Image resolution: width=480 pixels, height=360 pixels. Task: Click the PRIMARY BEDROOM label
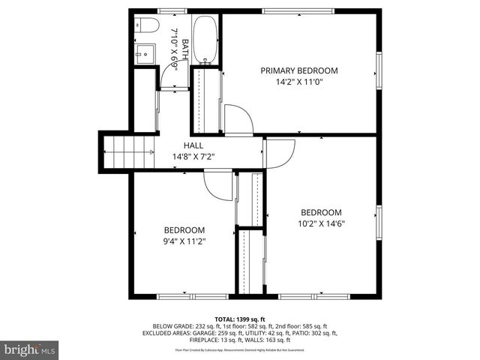(299, 70)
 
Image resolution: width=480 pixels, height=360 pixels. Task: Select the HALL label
(193, 145)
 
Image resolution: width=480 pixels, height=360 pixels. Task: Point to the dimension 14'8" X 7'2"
(193, 157)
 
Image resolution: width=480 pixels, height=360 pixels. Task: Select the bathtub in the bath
(205, 39)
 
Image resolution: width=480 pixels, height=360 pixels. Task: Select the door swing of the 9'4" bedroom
(219, 184)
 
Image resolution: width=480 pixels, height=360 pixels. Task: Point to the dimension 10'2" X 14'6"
(321, 223)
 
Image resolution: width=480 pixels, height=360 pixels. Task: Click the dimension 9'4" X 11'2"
(184, 241)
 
